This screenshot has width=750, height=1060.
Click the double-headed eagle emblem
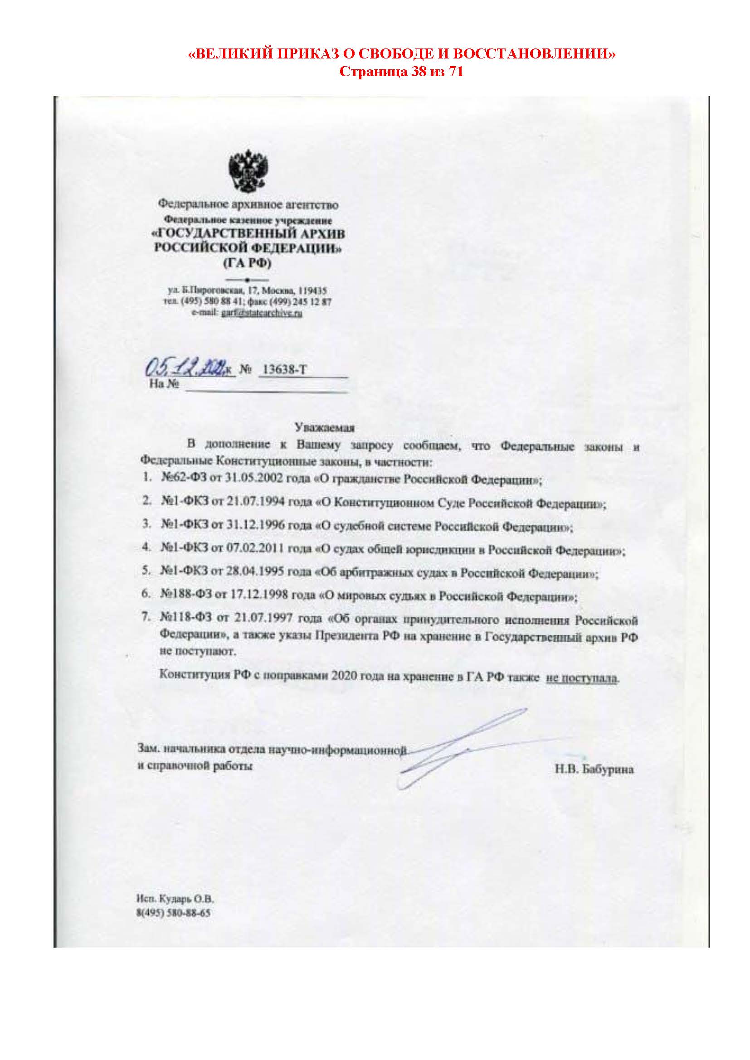click(x=248, y=171)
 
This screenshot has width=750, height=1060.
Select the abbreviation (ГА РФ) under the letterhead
click(x=248, y=264)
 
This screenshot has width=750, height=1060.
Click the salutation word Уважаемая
click(x=325, y=427)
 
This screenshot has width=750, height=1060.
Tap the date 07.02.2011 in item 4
click(x=255, y=549)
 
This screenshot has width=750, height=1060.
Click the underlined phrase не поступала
click(x=582, y=678)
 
